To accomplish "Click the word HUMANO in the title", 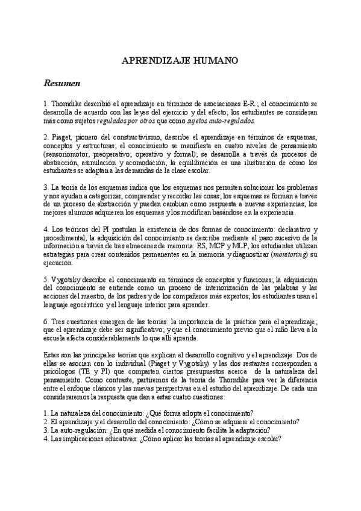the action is point(215,61).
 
